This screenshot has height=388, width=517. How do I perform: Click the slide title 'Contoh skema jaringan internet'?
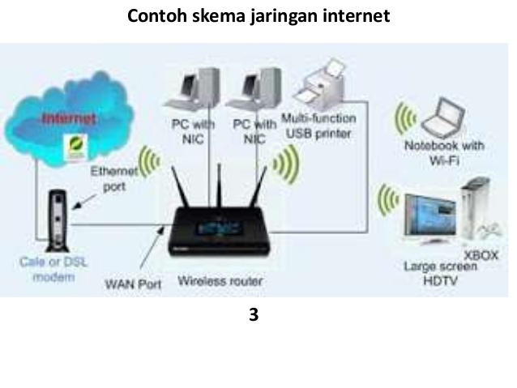coord(258,16)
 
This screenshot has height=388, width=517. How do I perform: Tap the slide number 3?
coord(254,315)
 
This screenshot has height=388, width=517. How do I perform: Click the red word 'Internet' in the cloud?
coord(68,119)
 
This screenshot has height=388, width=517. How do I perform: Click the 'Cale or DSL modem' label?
coord(47,270)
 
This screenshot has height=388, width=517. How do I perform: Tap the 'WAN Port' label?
coord(133,284)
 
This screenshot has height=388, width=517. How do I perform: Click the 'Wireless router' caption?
coord(219,283)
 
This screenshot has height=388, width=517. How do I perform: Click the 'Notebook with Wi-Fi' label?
coord(444,151)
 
